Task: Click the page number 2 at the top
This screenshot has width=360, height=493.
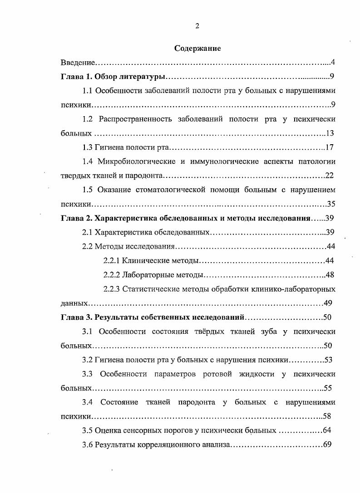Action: click(x=197, y=26)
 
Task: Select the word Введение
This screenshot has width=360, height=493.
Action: click(x=78, y=62)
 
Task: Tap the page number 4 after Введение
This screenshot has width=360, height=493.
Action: click(x=333, y=62)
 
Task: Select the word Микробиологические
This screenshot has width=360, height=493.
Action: click(x=133, y=161)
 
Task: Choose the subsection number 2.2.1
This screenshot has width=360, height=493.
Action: click(x=112, y=260)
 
